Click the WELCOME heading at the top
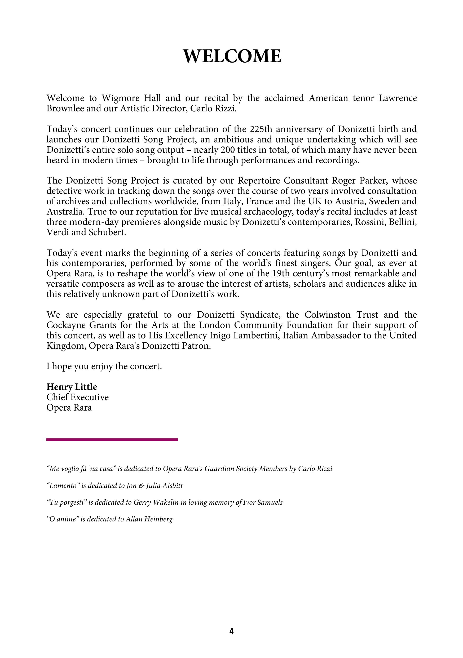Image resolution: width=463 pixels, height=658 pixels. (x=232, y=56)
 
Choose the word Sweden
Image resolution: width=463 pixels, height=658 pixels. (x=384, y=202)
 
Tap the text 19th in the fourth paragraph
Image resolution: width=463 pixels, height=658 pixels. (x=279, y=274)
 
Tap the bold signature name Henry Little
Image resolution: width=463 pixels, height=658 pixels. (x=72, y=387)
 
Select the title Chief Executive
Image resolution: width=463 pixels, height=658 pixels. (x=78, y=398)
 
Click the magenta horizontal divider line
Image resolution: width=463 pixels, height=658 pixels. (x=112, y=439)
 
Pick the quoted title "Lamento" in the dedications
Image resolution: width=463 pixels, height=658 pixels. (x=63, y=486)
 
